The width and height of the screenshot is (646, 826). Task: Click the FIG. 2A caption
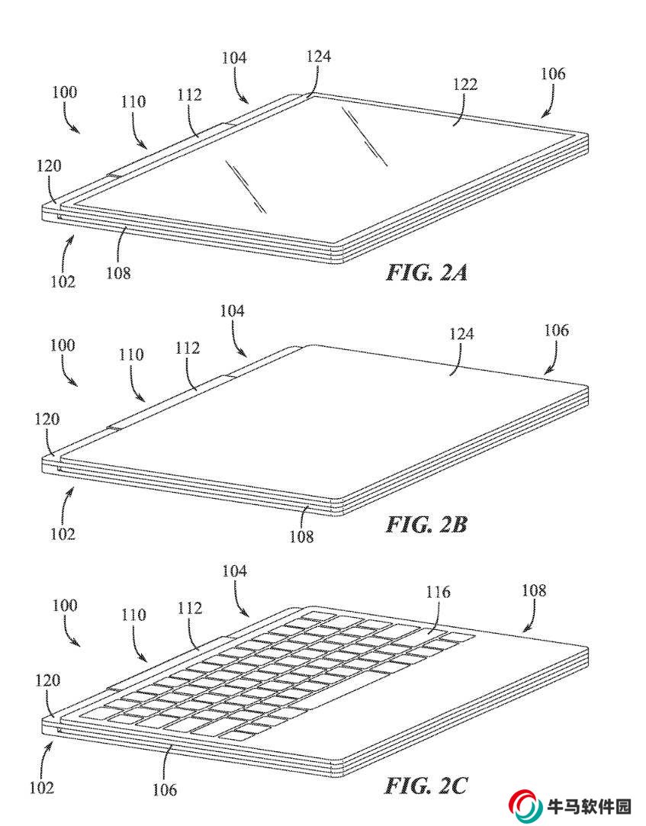pos(426,272)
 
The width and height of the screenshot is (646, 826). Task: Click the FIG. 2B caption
pos(426,524)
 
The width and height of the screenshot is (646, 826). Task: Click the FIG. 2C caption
pos(426,786)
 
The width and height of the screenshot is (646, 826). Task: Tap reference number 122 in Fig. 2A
pos(465,85)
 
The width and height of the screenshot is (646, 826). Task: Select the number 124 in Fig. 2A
pos(319,56)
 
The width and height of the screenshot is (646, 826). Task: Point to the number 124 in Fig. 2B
pos(461,334)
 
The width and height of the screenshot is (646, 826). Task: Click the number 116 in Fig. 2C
pos(439,592)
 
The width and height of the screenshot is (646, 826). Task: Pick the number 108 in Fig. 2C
pos(534,590)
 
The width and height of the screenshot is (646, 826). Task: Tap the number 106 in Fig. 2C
pos(165,789)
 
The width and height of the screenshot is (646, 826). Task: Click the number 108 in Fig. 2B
pos(301,536)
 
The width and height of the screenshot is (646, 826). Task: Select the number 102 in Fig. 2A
pos(63,281)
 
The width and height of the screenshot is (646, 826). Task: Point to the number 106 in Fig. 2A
pos(553,74)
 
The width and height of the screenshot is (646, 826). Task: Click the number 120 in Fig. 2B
pos(47,419)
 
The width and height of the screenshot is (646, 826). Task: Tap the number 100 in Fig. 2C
pos(64,606)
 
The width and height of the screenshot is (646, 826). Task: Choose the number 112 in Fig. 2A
pos(189,95)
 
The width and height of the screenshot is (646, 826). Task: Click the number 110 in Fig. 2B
pos(130,355)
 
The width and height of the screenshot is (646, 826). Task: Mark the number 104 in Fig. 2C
pos(234,570)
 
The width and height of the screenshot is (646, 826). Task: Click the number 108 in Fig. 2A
pos(118,273)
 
